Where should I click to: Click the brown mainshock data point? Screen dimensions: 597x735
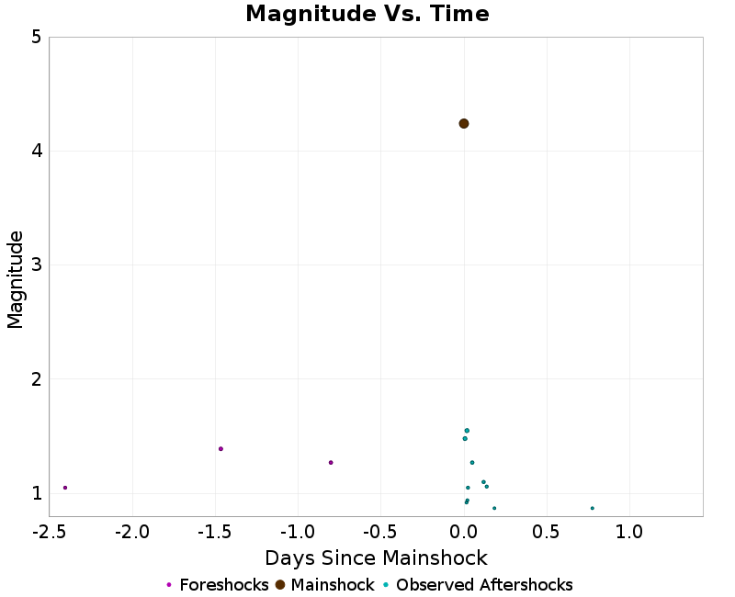464,123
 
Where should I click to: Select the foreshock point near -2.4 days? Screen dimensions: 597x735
65,488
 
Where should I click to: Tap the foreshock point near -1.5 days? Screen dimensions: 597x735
221,449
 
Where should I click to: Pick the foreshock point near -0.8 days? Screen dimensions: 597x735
331,463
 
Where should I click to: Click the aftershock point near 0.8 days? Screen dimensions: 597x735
593,508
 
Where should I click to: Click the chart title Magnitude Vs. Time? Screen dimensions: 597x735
367,15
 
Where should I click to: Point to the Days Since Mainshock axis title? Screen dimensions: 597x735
376,558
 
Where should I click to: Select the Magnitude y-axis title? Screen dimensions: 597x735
16,279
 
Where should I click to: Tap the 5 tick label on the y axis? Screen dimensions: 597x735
36,38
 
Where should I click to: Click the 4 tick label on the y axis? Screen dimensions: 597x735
36,152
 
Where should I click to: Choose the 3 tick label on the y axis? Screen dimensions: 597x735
36,265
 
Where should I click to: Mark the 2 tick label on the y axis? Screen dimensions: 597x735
36,379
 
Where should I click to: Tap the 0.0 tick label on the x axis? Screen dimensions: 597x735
464,532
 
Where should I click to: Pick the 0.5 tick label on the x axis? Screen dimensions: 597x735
547,532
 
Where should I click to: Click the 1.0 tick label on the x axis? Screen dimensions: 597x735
629,532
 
